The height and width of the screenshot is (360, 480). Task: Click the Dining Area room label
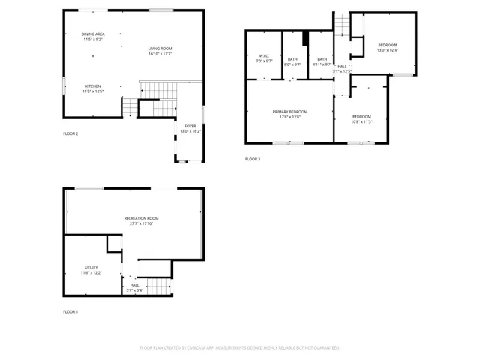click(x=94, y=34)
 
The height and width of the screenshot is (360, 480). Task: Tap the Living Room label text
click(x=160, y=49)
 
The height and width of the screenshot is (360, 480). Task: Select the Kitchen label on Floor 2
click(x=93, y=85)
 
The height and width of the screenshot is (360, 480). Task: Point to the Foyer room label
click(x=190, y=126)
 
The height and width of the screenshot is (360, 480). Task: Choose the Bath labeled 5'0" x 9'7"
click(x=292, y=59)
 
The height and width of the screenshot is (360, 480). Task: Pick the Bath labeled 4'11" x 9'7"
click(x=322, y=59)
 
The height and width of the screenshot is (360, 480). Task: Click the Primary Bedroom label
click(x=290, y=112)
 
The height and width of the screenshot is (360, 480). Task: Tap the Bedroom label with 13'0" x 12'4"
click(x=387, y=46)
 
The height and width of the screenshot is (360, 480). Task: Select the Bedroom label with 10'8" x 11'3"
click(x=361, y=116)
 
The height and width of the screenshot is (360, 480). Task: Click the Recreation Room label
click(x=141, y=218)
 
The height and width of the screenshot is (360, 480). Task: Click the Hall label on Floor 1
click(x=135, y=285)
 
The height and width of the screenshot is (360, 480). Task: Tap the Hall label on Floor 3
click(x=342, y=67)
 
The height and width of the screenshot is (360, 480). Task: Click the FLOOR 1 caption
click(x=70, y=311)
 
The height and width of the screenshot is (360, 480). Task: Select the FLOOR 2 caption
click(x=70, y=133)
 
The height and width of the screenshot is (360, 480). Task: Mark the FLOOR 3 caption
click(x=253, y=159)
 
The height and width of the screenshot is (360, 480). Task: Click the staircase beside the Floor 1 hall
click(x=159, y=286)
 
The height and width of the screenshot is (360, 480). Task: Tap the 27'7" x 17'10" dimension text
click(x=141, y=223)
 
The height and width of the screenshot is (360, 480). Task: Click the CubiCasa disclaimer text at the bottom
click(x=239, y=347)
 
